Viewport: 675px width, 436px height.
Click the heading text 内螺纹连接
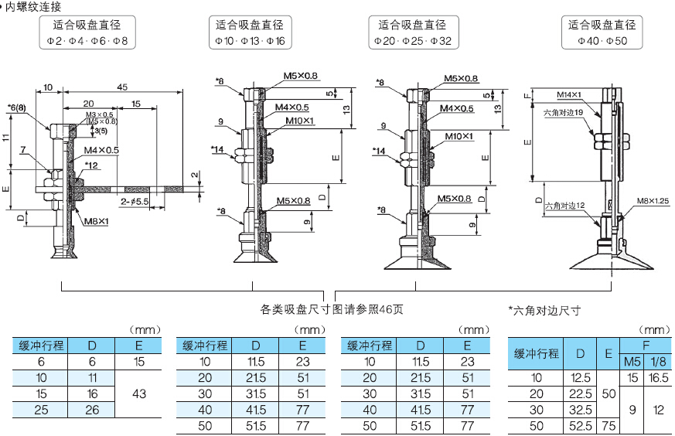click(x=33, y=6)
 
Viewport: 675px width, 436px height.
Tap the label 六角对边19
click(x=563, y=112)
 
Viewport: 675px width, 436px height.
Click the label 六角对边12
click(x=564, y=206)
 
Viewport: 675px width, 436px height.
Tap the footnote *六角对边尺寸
click(x=544, y=311)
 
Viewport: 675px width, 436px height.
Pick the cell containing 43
click(x=139, y=394)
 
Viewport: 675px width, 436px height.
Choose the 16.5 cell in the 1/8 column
click(x=659, y=378)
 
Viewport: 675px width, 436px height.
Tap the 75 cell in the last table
click(x=609, y=426)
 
